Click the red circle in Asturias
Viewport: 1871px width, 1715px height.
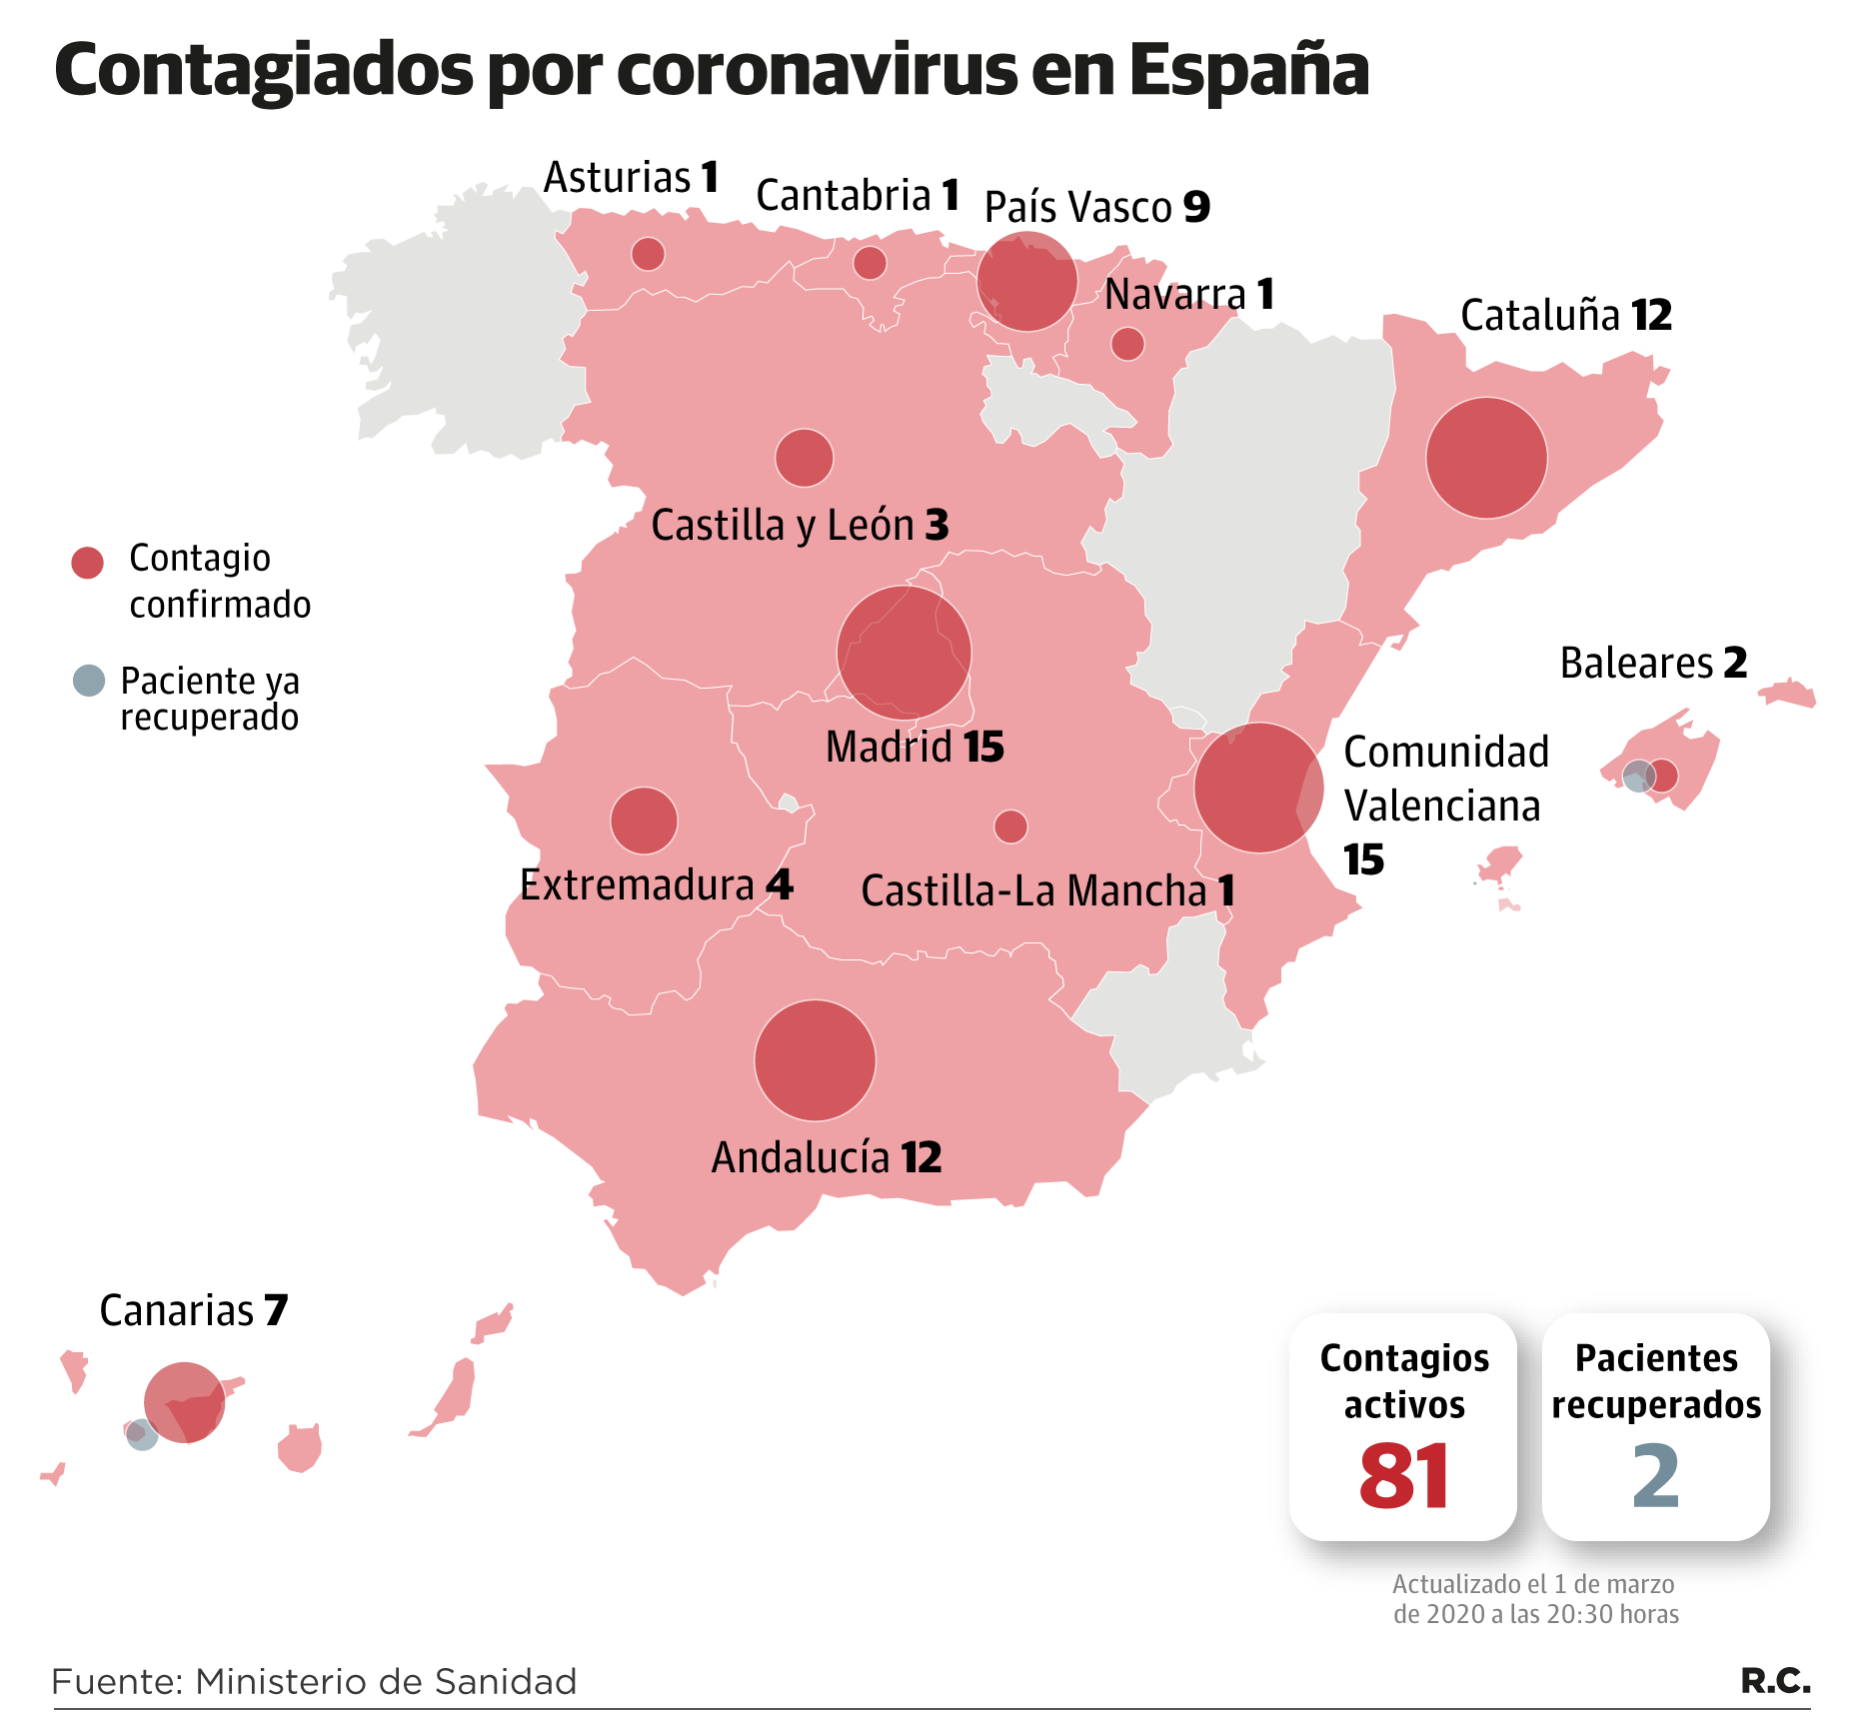click(648, 254)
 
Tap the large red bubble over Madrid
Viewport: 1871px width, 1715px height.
click(904, 653)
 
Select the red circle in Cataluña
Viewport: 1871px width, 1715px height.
click(1486, 458)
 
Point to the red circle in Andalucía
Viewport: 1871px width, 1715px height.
click(815, 1060)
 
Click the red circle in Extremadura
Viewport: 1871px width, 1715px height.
click(644, 821)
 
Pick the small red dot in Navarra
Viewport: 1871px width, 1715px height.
click(1127, 344)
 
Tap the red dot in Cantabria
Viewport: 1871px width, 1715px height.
click(870, 263)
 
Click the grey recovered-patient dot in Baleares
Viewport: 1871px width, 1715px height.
click(1636, 776)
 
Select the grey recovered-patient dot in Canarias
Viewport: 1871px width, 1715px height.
click(141, 1436)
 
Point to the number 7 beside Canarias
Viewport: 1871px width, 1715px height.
click(276, 1310)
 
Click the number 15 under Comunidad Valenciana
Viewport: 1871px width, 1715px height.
click(1363, 859)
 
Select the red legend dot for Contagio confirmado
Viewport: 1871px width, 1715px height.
click(88, 563)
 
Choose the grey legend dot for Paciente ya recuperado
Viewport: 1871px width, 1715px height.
click(89, 681)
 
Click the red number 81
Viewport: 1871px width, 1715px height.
click(1403, 1475)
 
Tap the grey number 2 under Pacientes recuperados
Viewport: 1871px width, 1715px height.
click(1655, 1476)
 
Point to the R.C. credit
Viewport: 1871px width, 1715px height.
click(1775, 1680)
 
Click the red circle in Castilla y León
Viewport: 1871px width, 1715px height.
click(804, 458)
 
